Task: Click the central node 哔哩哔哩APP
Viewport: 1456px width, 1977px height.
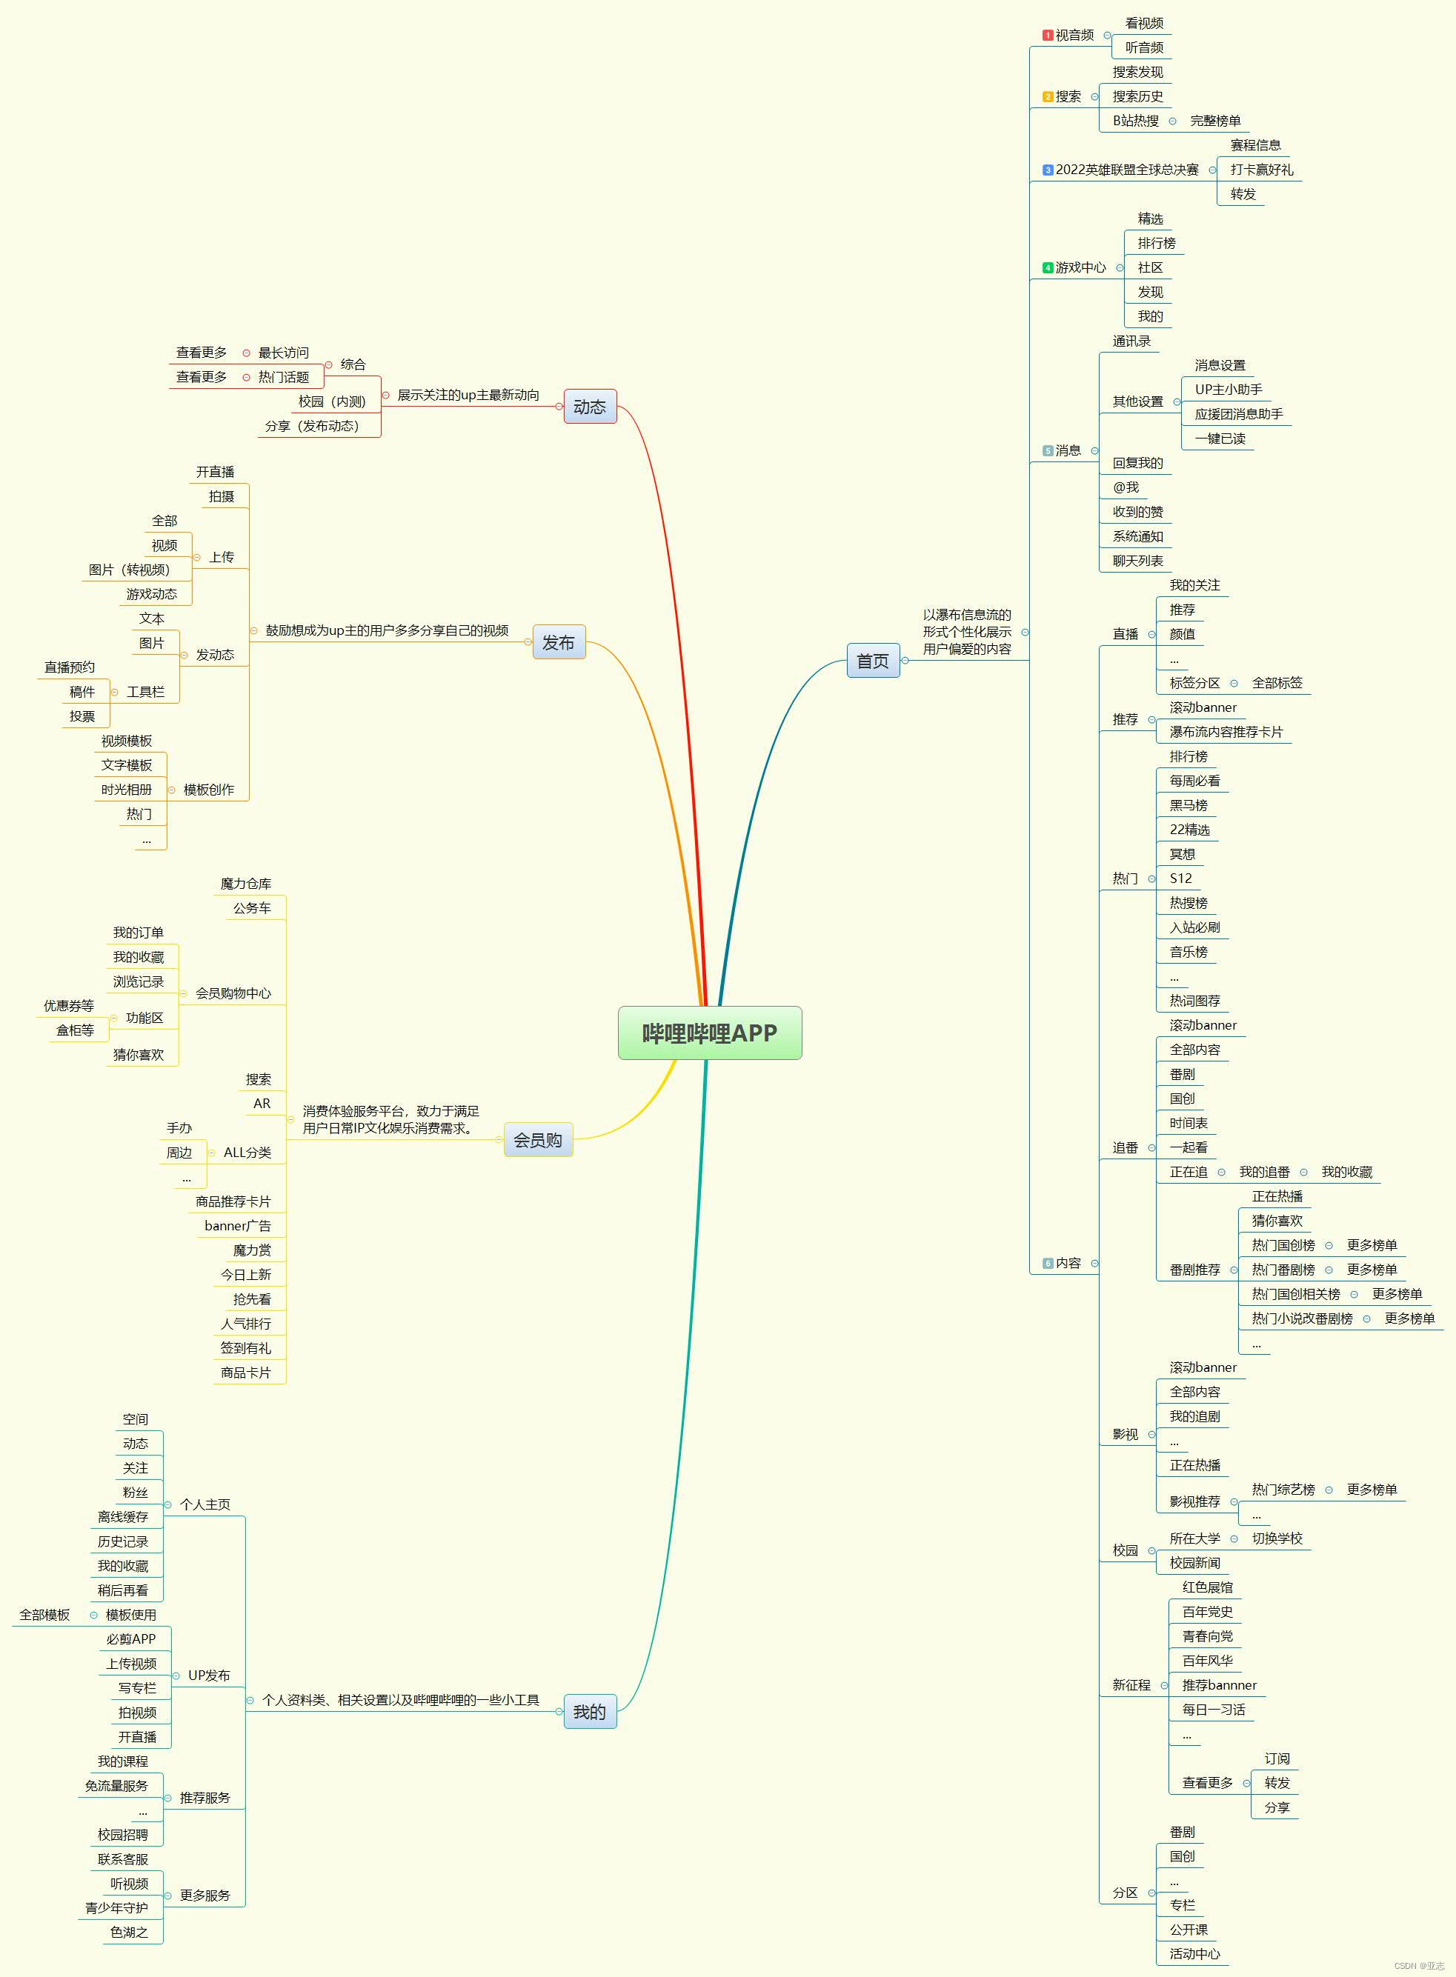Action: [x=710, y=1033]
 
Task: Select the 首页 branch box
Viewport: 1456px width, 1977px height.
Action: [x=873, y=661]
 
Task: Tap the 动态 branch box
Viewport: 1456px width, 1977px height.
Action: [x=590, y=406]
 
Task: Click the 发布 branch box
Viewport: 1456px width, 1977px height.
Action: [x=558, y=642]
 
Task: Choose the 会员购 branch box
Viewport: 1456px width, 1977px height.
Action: [x=538, y=1139]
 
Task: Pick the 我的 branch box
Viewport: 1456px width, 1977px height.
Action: [x=590, y=1711]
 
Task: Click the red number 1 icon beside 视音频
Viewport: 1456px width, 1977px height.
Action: [x=1047, y=36]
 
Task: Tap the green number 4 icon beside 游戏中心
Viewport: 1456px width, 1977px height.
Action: [x=1047, y=268]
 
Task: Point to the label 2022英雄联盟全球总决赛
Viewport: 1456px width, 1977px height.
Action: [x=1126, y=170]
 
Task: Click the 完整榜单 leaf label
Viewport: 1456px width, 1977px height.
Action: [x=1214, y=121]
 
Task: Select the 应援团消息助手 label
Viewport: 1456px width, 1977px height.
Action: [x=1238, y=414]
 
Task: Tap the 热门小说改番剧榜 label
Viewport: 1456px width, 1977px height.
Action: [x=1302, y=1319]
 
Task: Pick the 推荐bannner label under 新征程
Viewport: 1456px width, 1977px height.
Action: [x=1219, y=1685]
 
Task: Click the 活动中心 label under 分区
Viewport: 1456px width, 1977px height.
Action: [x=1194, y=1954]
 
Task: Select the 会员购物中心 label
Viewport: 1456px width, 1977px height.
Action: [x=233, y=993]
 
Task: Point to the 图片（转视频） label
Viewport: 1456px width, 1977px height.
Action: [x=130, y=570]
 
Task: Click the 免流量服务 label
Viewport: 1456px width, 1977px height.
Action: [x=116, y=1786]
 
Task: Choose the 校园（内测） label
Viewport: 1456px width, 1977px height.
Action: [x=331, y=401]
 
